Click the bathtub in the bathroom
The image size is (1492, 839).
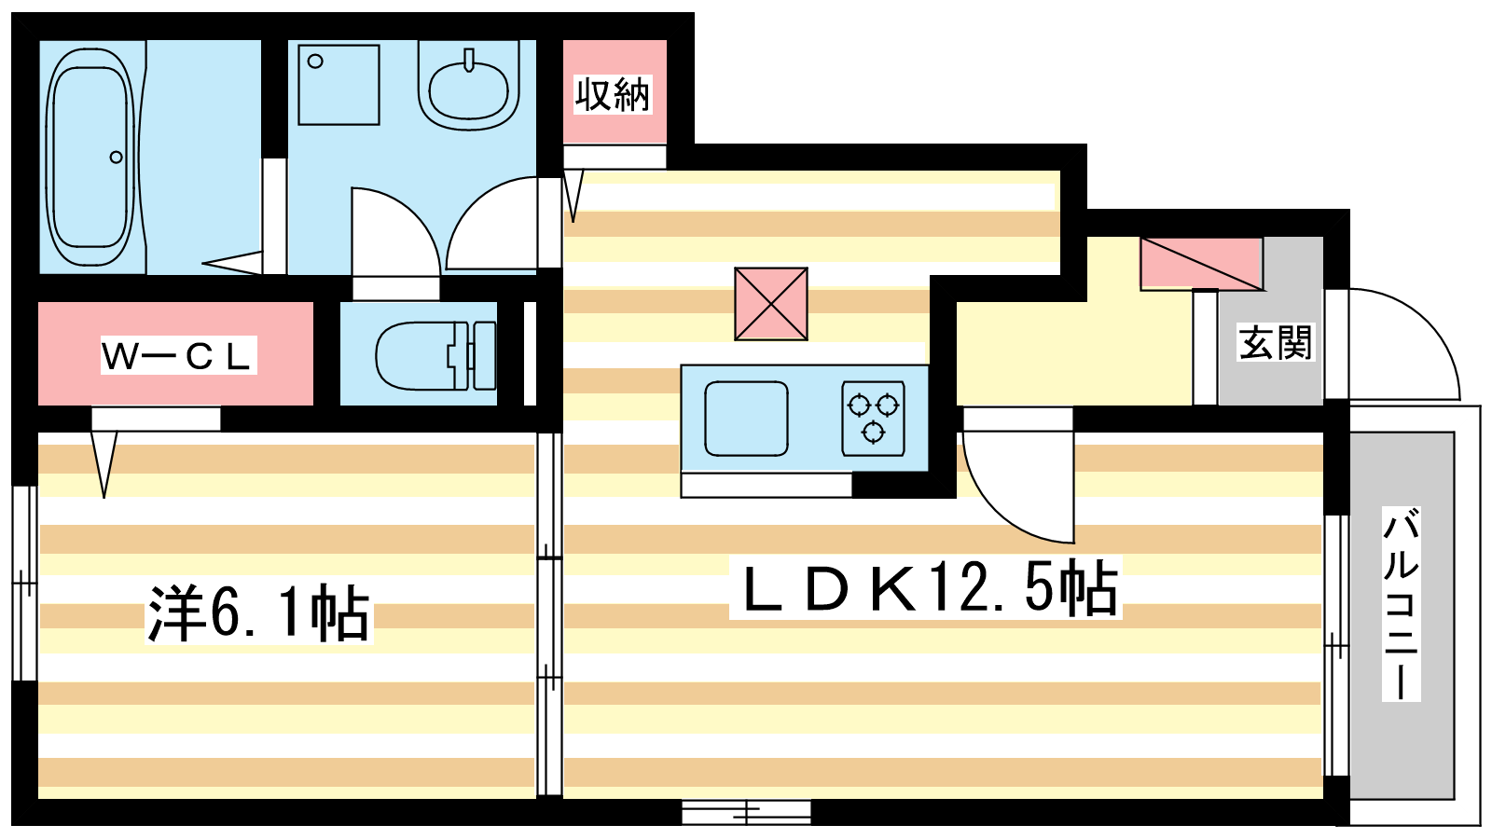coord(90,158)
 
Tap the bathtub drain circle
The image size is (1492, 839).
coord(116,158)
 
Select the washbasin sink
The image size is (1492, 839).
coord(468,87)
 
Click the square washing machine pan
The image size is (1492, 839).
coord(339,85)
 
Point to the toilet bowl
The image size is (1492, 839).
coord(416,355)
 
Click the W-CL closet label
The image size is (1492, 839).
coord(178,355)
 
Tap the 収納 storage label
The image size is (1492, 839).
coord(613,94)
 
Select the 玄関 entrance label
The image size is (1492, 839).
coord(1275,342)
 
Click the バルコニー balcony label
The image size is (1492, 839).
coord(1402,603)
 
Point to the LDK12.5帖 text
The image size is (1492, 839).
coord(926,587)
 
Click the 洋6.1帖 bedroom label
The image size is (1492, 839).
coord(258,612)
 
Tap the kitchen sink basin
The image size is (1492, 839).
coord(746,419)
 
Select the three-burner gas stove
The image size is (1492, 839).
coord(873,419)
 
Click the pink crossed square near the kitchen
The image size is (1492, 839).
coord(771,304)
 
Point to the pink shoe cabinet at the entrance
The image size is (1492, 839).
coord(1202,264)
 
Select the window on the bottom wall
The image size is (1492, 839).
coord(746,812)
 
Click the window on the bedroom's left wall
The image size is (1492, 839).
coord(24,584)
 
